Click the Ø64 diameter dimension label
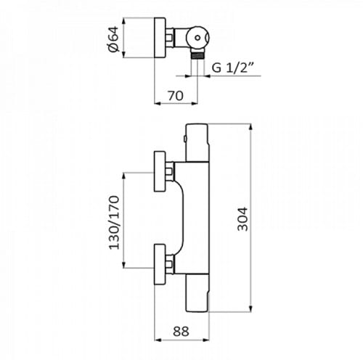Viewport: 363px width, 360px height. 114,38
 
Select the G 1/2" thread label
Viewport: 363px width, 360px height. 232,67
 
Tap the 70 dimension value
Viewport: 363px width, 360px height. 176,96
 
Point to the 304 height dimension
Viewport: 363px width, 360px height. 242,219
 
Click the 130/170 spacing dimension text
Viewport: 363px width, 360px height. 114,223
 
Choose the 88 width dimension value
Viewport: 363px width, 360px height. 181,332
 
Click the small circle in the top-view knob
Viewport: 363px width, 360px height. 197,38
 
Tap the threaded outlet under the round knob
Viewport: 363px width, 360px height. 197,54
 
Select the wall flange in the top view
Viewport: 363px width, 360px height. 160,38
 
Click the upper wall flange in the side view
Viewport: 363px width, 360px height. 160,171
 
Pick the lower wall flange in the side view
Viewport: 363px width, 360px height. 160,264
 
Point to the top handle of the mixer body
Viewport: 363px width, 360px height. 197,142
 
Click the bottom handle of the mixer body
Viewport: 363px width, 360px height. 197,293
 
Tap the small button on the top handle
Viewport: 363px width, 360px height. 184,139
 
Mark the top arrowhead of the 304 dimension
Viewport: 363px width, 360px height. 251,127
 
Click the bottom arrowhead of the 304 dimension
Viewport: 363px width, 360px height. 251,308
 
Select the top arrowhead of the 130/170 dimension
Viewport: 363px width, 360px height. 123,176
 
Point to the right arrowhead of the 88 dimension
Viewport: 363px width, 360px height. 205,340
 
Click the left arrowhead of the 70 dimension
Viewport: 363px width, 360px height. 158,104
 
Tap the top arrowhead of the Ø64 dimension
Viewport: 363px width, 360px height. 123,21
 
